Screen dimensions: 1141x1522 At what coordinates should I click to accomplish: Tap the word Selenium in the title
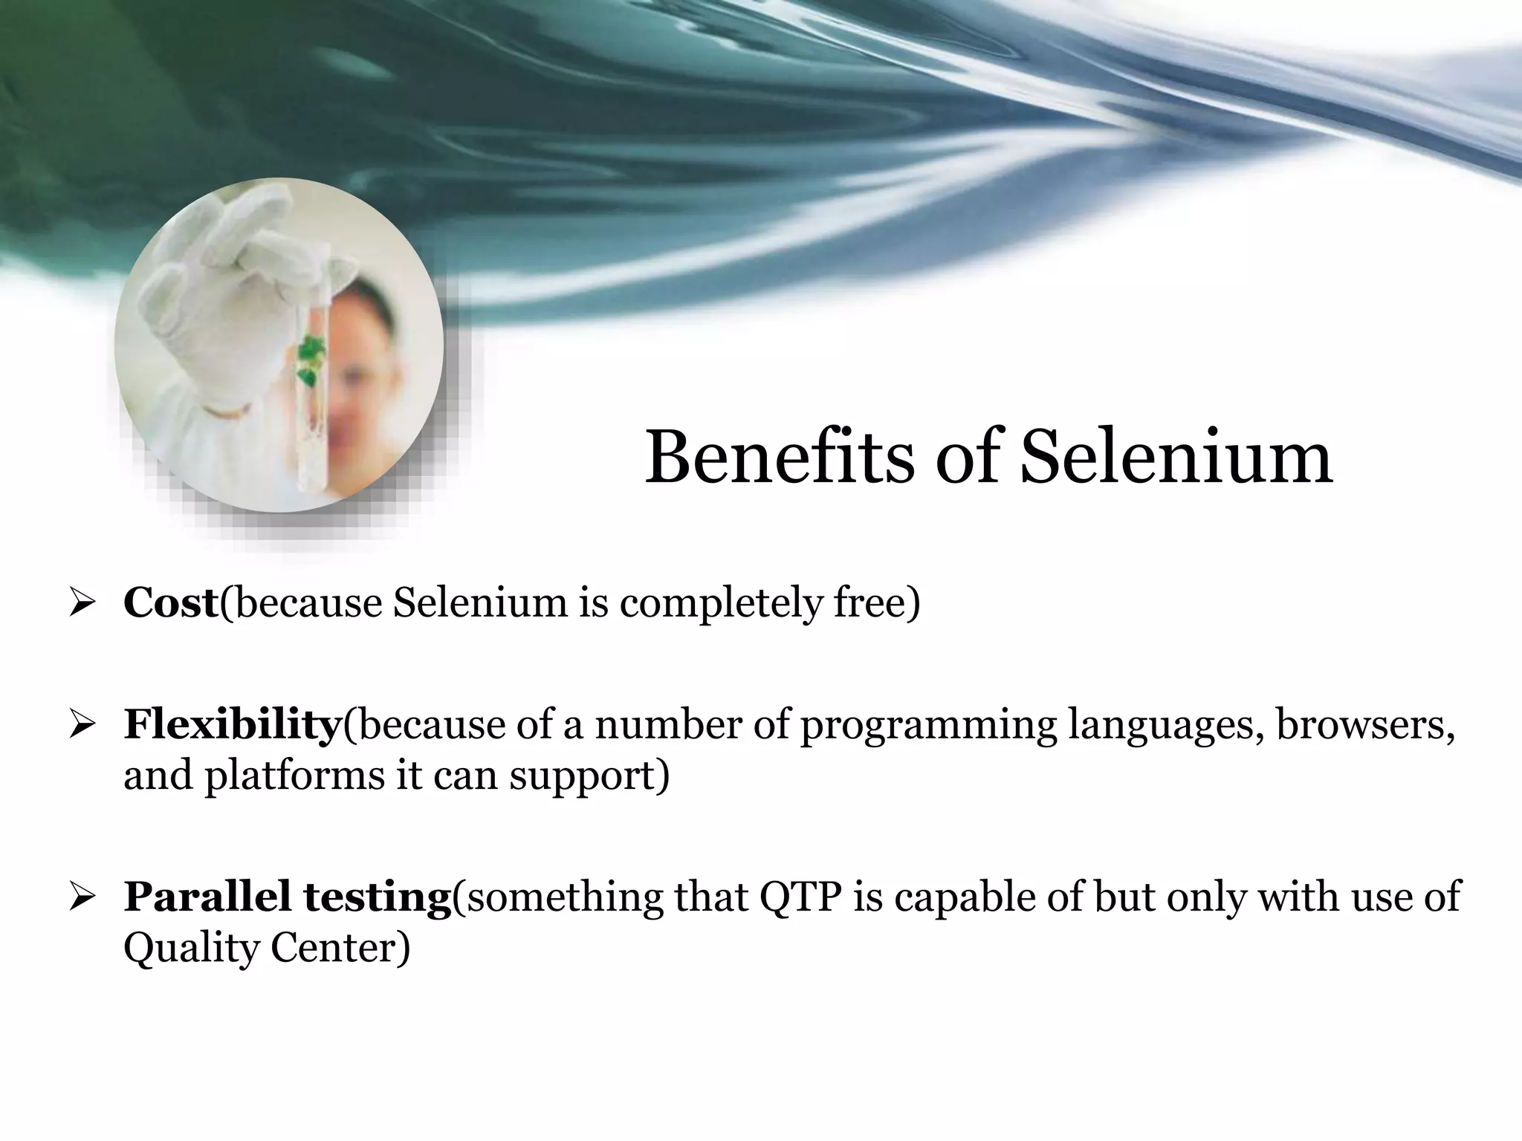pyautogui.click(x=1176, y=458)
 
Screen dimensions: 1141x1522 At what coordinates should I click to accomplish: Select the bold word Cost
pyautogui.click(x=170, y=602)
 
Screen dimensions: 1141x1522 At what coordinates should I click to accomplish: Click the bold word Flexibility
pyautogui.click(x=231, y=724)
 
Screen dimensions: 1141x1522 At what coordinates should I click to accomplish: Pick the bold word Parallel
pyautogui.click(x=207, y=897)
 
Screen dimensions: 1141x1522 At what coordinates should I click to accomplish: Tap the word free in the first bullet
pyautogui.click(x=875, y=602)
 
